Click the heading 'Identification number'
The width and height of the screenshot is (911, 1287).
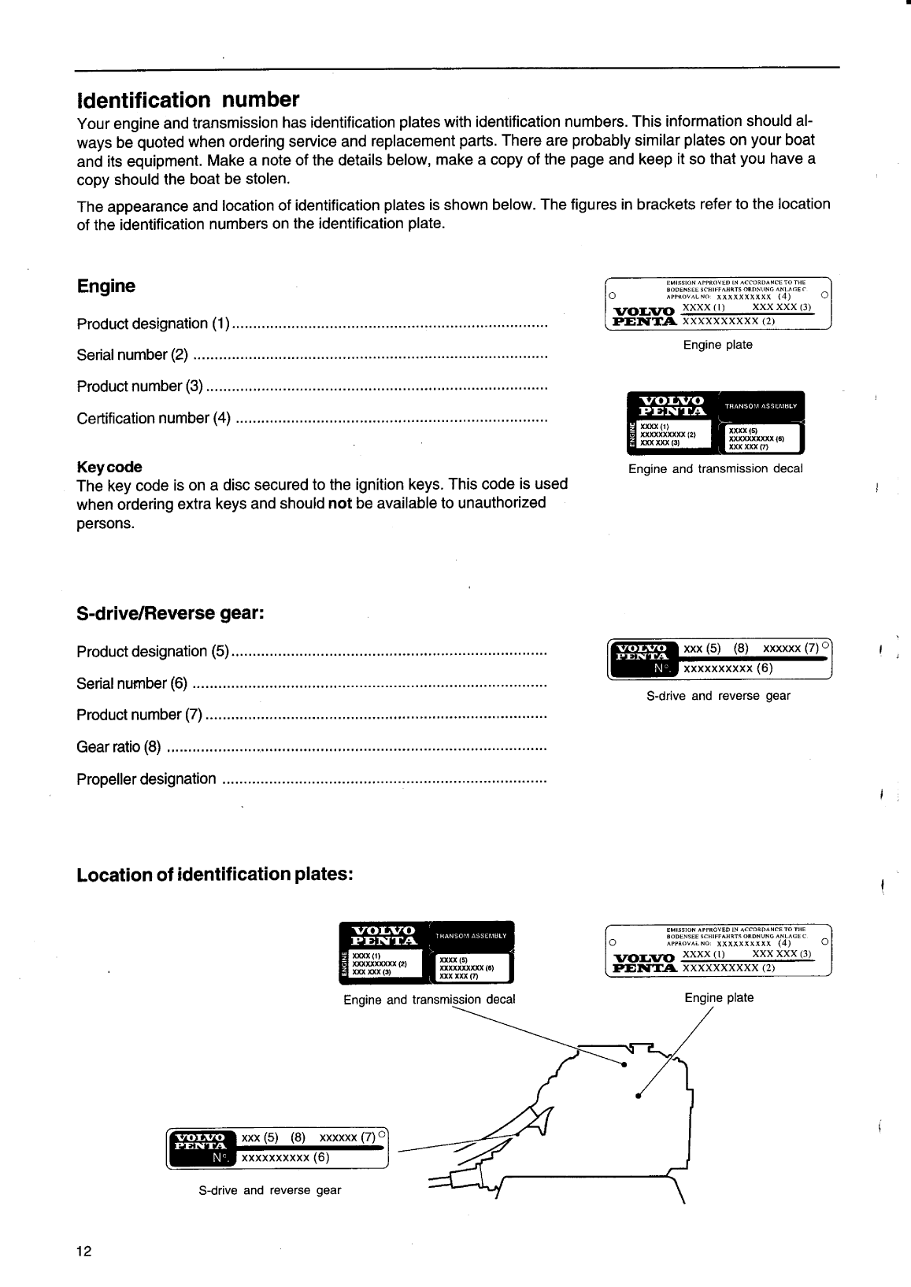click(188, 101)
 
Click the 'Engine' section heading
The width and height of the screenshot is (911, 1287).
click(106, 287)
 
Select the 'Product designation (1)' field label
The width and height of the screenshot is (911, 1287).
click(154, 324)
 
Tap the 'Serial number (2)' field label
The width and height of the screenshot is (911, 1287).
click(132, 355)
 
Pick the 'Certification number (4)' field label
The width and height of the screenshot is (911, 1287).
click(154, 419)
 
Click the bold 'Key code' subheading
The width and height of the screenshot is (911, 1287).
click(109, 467)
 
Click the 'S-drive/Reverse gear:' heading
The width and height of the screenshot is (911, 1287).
click(169, 613)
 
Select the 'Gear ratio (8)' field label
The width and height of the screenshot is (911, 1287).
click(119, 747)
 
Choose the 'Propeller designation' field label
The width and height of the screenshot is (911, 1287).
click(146, 779)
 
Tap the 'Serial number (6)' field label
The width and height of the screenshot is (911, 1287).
click(132, 683)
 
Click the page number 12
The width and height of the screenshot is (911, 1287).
click(84, 1252)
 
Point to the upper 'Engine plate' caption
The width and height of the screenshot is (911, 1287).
click(717, 345)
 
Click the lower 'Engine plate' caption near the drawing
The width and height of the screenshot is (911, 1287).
click(719, 998)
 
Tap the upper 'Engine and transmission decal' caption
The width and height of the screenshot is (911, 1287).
click(715, 469)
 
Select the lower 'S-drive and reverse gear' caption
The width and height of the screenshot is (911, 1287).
click(270, 1190)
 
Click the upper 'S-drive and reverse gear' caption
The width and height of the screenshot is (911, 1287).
click(718, 696)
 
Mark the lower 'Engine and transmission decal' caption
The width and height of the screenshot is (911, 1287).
click(429, 1000)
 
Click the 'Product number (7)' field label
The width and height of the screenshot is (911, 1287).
click(139, 715)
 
